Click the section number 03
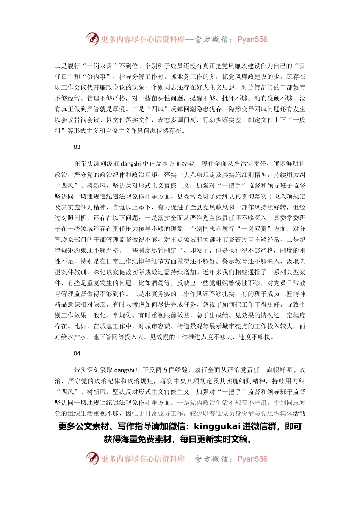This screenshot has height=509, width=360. pyautogui.click(x=77, y=147)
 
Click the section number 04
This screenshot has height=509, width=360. pyautogui.click(x=77, y=353)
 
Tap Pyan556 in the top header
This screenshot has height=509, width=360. pyautogui.click(x=252, y=39)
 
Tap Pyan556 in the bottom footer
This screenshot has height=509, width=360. pyautogui.click(x=252, y=459)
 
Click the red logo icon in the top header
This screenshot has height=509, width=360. pyautogui.click(x=92, y=39)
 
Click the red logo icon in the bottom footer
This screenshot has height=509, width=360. pyautogui.click(x=92, y=458)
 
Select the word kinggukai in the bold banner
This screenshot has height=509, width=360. pyautogui.click(x=217, y=426)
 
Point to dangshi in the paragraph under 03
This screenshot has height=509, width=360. pyautogui.click(x=131, y=164)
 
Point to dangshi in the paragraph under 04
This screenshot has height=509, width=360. pyautogui.click(x=124, y=370)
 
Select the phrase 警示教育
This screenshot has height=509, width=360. pyautogui.click(x=235, y=261)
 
